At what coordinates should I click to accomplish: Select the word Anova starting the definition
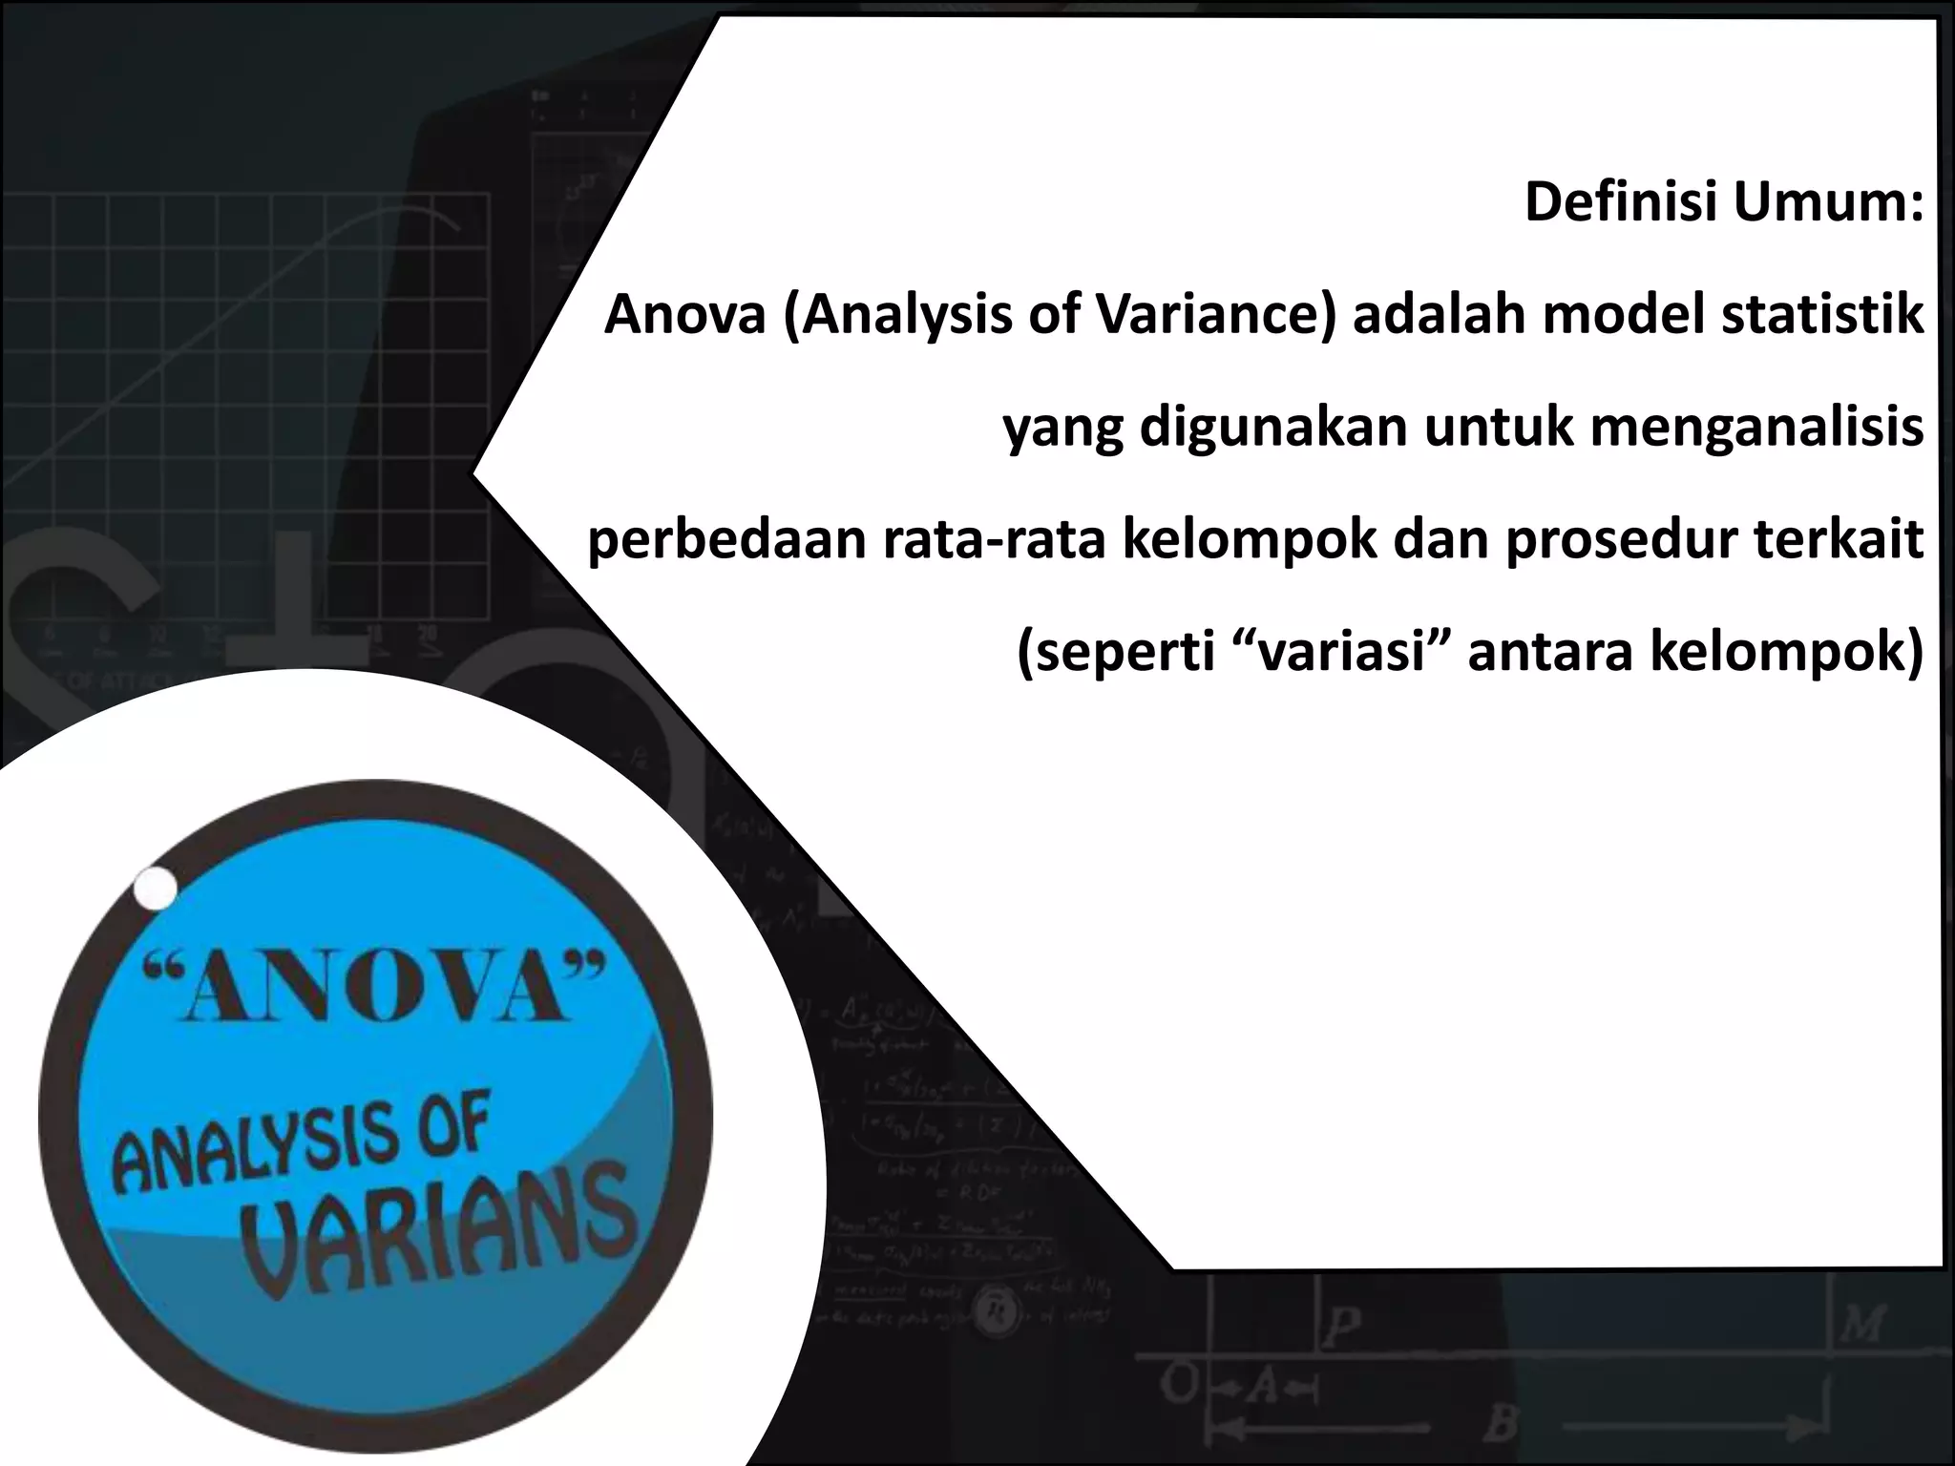point(684,314)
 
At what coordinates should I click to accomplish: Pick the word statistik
point(1822,314)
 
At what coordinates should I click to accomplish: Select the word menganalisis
point(1756,427)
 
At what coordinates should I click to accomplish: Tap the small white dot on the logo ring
point(156,889)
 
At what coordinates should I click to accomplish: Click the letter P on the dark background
point(1343,1328)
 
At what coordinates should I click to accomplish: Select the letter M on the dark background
point(1864,1325)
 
